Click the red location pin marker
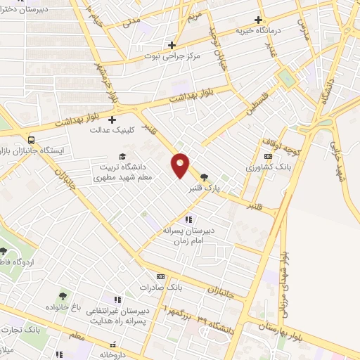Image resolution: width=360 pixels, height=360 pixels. click(181, 165)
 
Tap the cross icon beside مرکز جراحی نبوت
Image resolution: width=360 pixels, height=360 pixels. click(172, 45)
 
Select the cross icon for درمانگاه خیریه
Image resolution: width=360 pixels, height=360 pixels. click(259, 20)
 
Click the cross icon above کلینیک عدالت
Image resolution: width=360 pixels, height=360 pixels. click(112, 120)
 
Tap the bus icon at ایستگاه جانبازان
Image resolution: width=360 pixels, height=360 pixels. click(30, 139)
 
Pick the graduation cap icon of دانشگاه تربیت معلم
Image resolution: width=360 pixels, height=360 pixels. click(122, 156)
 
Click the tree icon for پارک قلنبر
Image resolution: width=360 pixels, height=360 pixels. click(204, 177)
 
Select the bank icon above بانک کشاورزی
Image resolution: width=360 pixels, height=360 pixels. click(267, 156)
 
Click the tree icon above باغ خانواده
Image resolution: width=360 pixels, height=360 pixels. click(63, 296)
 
